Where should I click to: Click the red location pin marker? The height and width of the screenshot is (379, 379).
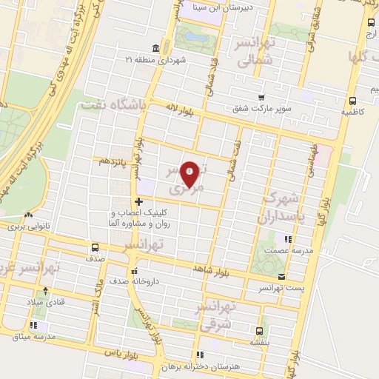pos(189,175)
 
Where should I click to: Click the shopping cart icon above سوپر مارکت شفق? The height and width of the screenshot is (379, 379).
pos(261,98)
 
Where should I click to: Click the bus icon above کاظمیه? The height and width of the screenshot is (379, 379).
pos(352,101)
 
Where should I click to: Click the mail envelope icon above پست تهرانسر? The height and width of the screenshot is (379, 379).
pos(281,276)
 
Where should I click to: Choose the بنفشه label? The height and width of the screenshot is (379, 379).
pos(258,343)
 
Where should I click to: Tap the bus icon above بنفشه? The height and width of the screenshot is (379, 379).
pos(258,331)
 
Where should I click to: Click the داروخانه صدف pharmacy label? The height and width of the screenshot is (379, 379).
pos(133,282)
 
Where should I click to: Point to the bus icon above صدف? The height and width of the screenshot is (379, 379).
pos(94,248)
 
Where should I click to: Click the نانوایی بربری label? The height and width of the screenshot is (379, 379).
pos(27,227)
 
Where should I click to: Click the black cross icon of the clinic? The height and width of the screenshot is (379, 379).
pos(138,201)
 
